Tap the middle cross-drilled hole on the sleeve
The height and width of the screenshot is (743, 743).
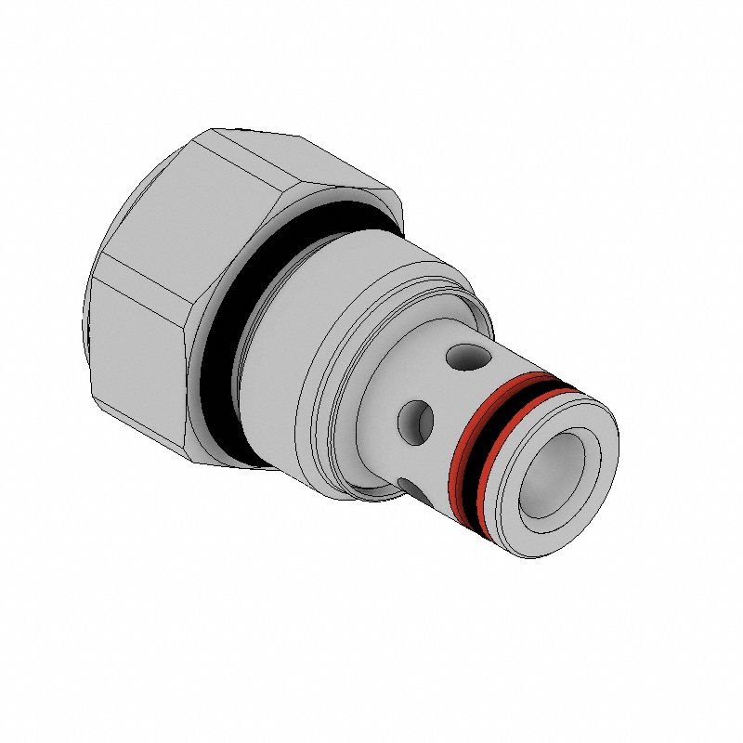(415, 420)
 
